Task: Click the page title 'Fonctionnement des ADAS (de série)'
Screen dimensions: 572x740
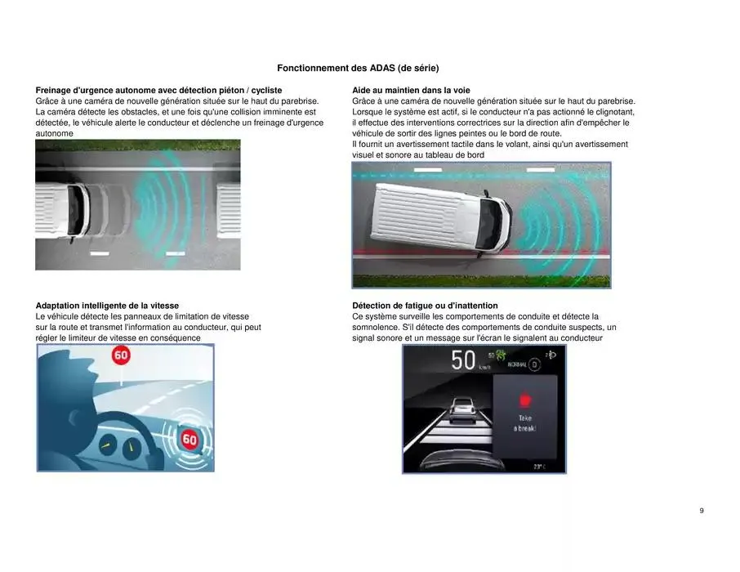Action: (x=363, y=68)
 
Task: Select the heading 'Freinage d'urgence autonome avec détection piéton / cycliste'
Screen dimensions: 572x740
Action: (x=158, y=90)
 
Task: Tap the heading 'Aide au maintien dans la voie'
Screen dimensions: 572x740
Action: (x=411, y=90)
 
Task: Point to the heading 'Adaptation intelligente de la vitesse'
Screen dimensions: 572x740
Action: (x=107, y=306)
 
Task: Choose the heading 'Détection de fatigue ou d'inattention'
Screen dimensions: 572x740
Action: (x=425, y=306)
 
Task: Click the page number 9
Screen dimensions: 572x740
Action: (x=702, y=511)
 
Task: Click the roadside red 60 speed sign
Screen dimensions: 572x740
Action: (x=121, y=356)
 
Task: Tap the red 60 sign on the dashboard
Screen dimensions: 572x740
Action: (x=189, y=440)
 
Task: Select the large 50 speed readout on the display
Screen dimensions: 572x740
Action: (x=463, y=360)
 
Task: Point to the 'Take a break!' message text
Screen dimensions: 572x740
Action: (x=524, y=423)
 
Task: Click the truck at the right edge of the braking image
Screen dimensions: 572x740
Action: (x=228, y=210)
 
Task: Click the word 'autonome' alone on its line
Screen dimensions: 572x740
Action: (x=54, y=133)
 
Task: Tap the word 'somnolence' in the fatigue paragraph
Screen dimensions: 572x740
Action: (x=377, y=327)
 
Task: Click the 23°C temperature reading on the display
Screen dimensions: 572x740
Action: (x=538, y=466)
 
